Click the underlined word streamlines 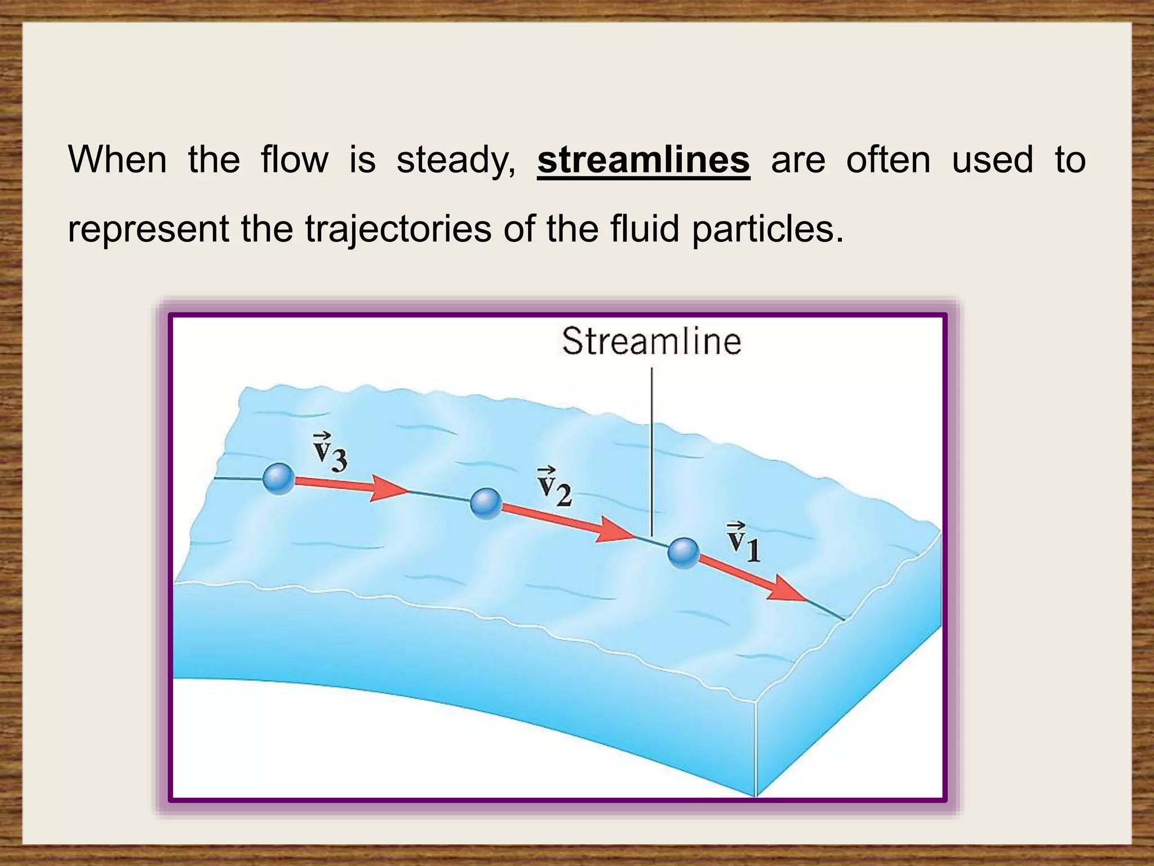(643, 160)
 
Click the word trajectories (398, 229)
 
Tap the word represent (148, 229)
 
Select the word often (888, 160)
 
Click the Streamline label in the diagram (651, 342)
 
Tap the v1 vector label (744, 543)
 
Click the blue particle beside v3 (279, 479)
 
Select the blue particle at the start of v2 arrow (486, 503)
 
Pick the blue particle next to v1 (683, 553)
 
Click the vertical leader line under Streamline (652, 451)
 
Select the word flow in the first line (294, 160)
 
